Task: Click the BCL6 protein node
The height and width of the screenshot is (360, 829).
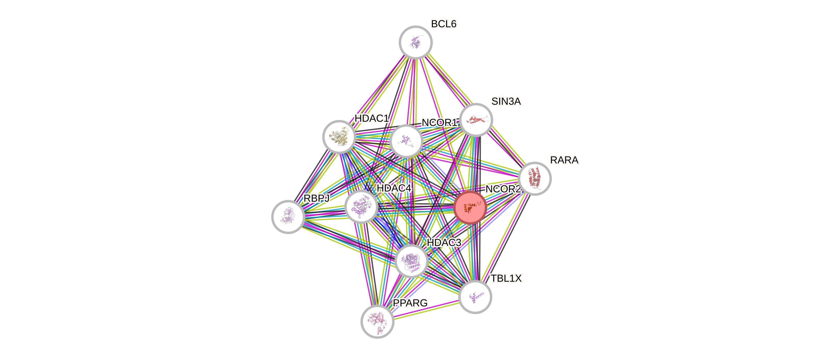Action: tap(416, 42)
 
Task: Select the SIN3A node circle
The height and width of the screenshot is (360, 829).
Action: tap(476, 120)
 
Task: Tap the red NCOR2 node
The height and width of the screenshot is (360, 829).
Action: tap(470, 207)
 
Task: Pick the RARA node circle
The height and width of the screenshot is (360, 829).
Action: tap(535, 178)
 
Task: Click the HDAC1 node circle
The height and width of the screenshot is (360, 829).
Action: tap(339, 137)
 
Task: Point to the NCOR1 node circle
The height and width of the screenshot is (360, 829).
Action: tap(406, 141)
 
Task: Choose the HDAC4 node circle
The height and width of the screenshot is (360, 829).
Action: tap(361, 206)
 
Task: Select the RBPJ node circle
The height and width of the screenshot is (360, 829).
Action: tap(288, 217)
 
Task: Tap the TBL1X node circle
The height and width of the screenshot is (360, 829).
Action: tap(475, 297)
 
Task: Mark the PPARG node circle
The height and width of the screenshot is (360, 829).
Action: tap(378, 321)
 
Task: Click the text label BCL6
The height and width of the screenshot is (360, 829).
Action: tap(444, 24)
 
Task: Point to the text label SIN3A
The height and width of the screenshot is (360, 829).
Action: tap(506, 101)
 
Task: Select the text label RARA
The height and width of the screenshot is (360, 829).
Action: tap(564, 160)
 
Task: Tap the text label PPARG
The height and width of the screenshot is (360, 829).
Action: tap(410, 303)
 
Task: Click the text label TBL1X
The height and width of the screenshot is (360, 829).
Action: tap(507, 279)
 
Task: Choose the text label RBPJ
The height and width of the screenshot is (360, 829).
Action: tap(317, 198)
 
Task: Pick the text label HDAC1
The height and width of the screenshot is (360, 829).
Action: tap(372, 118)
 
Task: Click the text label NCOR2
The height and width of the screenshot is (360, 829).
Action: tap(503, 189)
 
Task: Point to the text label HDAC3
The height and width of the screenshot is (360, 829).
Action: tap(444, 243)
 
